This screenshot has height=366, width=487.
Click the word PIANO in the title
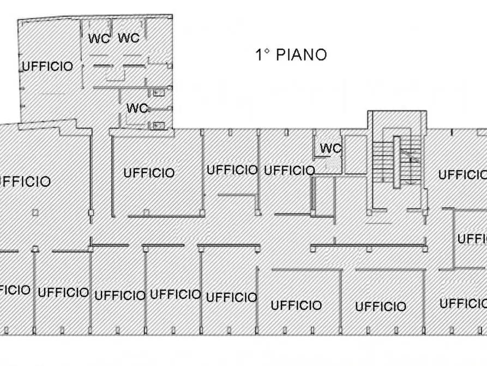[x=302, y=55]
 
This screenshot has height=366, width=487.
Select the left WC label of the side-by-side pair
[x=99, y=38]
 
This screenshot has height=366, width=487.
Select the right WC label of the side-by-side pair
[x=129, y=38]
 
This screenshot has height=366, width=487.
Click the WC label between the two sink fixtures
[x=137, y=108]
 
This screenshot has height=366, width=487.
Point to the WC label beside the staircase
[x=330, y=148]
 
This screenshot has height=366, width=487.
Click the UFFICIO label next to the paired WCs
[x=47, y=67]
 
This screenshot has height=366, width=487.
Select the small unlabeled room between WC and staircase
[x=356, y=154]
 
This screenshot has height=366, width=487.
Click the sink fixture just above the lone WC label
[x=159, y=93]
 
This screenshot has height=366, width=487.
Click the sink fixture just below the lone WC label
[x=159, y=125]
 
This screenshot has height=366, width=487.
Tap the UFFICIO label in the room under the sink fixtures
[x=149, y=173]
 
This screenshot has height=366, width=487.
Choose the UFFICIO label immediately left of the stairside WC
[x=289, y=170]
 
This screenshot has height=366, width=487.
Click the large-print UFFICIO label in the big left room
[x=24, y=181]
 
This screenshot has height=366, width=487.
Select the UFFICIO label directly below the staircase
[x=380, y=306]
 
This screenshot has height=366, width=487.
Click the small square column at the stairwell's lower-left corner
[x=370, y=210]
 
